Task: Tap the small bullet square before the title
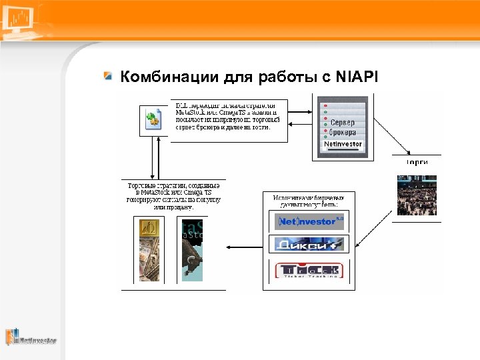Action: [108, 77]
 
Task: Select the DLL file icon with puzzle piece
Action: [154, 120]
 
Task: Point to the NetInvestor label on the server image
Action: [343, 144]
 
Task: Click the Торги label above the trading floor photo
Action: [417, 162]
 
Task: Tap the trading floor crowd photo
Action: [417, 195]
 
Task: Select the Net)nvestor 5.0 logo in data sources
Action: [309, 221]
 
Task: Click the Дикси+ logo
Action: [309, 245]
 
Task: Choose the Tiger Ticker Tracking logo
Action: [309, 270]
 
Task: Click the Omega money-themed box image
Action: [149, 250]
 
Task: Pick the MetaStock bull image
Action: [192, 250]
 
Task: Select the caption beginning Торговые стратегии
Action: [173, 195]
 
